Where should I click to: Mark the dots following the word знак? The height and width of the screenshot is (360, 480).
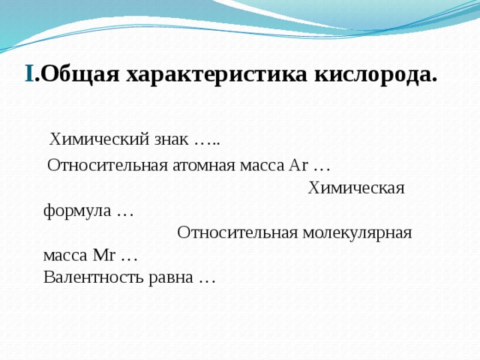206,141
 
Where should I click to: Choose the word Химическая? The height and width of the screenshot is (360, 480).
356,188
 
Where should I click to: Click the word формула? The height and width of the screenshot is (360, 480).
76,211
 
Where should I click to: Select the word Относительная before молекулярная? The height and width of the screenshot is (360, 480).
237,232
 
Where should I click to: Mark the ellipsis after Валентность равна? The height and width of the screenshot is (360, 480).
207,279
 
